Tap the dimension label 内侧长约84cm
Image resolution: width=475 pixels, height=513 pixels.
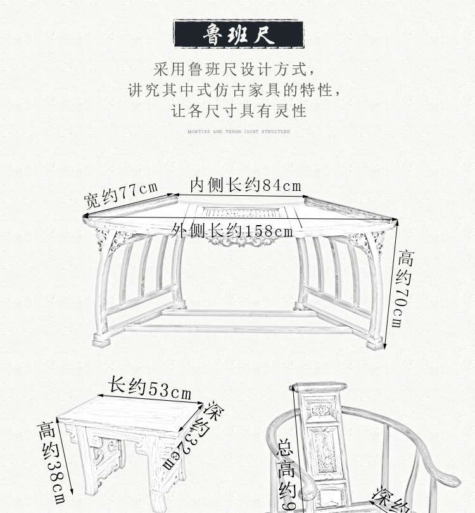(x=246, y=185)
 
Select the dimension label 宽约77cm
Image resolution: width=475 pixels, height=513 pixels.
(x=120, y=195)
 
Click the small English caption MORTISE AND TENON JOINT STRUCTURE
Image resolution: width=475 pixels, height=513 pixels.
(x=239, y=132)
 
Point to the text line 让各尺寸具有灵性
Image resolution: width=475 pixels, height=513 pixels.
(x=239, y=110)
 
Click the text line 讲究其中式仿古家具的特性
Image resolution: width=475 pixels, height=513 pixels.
(x=239, y=89)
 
